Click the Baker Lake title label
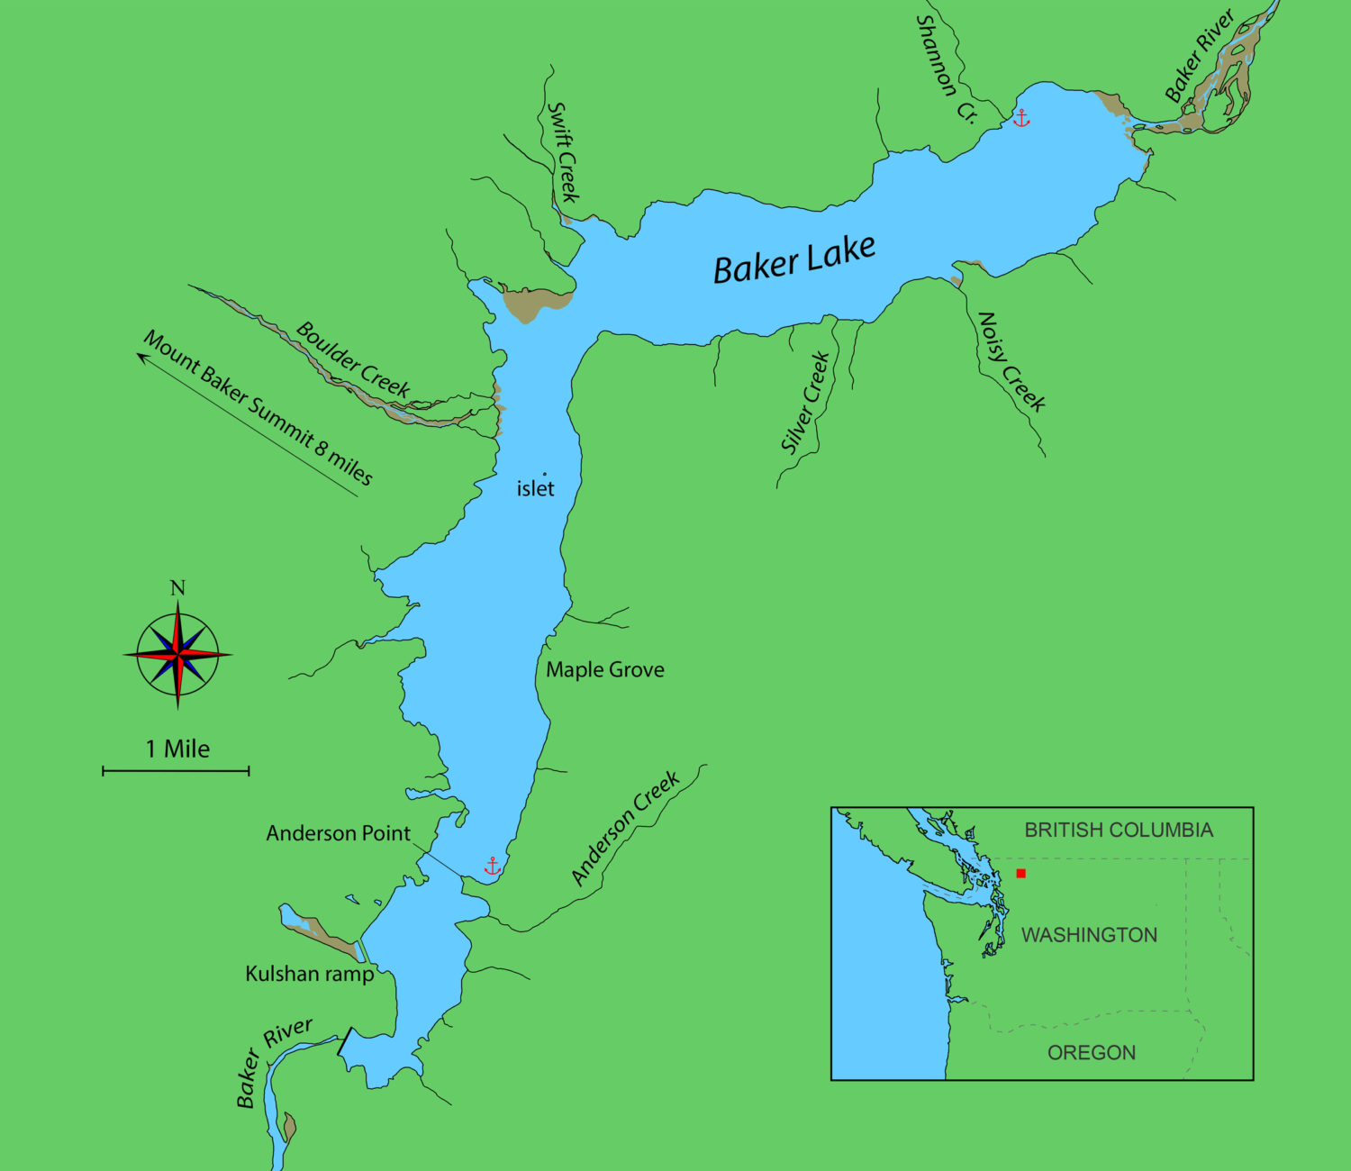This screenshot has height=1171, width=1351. pyautogui.click(x=793, y=259)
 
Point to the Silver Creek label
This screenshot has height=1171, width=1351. pyautogui.click(x=804, y=403)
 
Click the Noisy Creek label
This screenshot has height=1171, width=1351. pyautogui.click(x=1011, y=361)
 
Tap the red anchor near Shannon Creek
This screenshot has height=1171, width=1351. pyautogui.click(x=1021, y=118)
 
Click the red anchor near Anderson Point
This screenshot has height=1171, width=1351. pyautogui.click(x=493, y=867)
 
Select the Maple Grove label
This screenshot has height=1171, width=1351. pyautogui.click(x=605, y=669)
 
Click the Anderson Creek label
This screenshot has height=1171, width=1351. pyautogui.click(x=625, y=828)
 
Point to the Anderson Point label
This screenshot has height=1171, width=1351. pyautogui.click(x=338, y=833)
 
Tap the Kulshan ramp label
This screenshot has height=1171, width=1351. pyautogui.click(x=309, y=974)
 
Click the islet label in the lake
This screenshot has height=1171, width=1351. pyautogui.click(x=535, y=488)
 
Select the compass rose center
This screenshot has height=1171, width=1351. pyautogui.click(x=178, y=654)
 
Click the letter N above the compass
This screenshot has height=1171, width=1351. pyautogui.click(x=177, y=588)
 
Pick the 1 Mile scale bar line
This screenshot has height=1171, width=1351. pyautogui.click(x=176, y=771)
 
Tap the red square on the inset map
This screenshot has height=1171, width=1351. pyautogui.click(x=1020, y=873)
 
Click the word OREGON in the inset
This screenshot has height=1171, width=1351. pyautogui.click(x=1091, y=1052)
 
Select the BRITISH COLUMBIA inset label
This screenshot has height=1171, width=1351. pyautogui.click(x=1119, y=830)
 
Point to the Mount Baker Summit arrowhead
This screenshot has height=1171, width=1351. pyautogui.click(x=141, y=356)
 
